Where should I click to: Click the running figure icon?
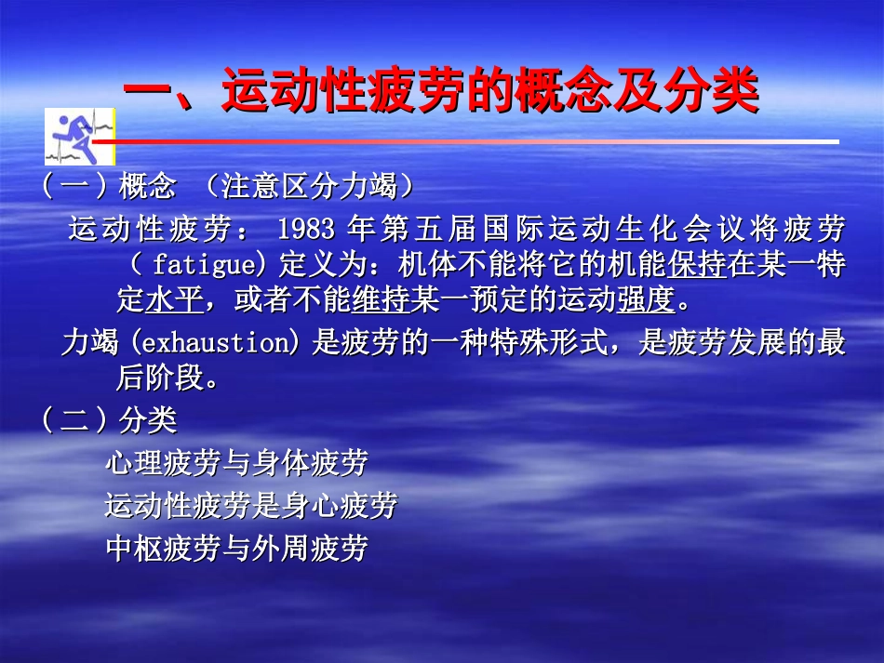tap(79, 136)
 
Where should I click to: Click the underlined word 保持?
tap(697, 265)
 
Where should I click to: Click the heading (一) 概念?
tap(108, 187)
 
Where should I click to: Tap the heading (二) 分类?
tap(108, 421)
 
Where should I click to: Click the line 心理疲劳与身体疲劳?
tap(236, 462)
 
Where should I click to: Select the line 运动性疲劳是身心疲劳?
tap(251, 505)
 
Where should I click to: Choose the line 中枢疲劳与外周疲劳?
tap(236, 549)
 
